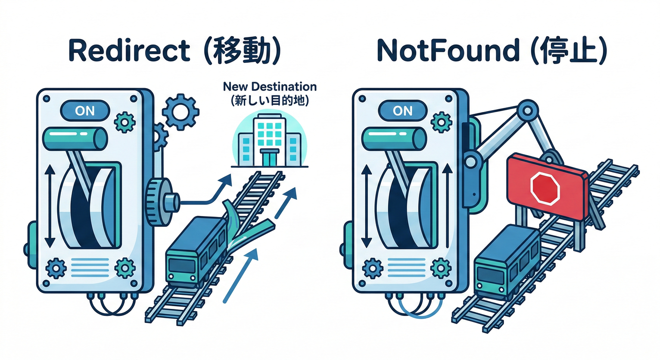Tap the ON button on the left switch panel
(85, 111)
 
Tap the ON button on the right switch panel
(403, 111)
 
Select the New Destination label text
(270, 87)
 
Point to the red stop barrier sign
(547, 187)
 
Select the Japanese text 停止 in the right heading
(568, 51)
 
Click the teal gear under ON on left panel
(125, 122)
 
